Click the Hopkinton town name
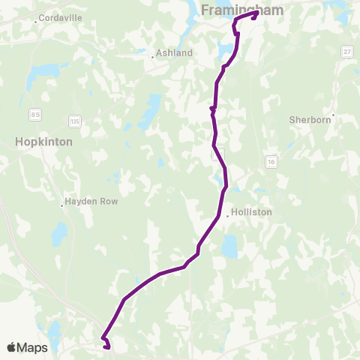point(43,141)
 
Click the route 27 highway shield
point(346,50)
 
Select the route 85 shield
point(36,114)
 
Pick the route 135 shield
point(73,120)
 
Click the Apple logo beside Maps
point(12,347)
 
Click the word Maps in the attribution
point(33,347)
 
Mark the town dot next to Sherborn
point(333,115)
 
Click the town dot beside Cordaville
point(35,22)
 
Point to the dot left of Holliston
point(228,215)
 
